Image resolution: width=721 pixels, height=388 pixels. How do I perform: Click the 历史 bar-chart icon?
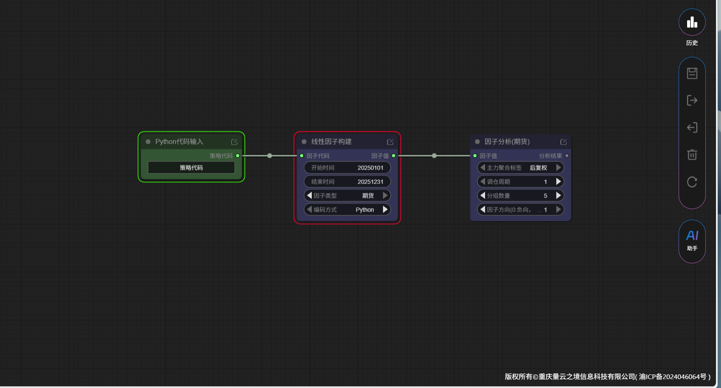point(692,22)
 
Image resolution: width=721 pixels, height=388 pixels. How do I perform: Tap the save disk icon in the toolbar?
point(692,73)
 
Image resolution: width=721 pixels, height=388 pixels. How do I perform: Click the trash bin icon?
point(692,155)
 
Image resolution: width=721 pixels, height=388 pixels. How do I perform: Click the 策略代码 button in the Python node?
point(191,167)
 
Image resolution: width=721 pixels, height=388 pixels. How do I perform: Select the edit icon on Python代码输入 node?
point(234,142)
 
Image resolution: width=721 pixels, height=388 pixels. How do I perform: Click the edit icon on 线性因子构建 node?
point(390,142)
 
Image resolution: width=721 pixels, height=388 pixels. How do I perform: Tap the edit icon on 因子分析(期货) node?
point(563,142)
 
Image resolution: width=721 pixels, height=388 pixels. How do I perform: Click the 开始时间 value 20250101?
point(370,168)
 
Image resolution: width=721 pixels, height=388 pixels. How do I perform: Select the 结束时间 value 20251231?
point(370,182)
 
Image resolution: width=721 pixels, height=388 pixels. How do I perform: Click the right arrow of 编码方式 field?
point(385,209)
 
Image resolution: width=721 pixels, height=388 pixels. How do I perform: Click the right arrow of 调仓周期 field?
point(558,182)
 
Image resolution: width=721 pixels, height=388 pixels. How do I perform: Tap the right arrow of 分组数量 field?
point(558,195)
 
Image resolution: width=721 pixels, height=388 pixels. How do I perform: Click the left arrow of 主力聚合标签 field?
point(483,167)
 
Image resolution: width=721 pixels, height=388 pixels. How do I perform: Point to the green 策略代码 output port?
point(238,156)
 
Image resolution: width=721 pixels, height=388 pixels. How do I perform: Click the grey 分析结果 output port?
point(567,156)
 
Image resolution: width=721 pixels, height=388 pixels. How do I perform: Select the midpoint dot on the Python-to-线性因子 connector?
point(270,156)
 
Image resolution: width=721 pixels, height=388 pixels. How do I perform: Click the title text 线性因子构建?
point(331,142)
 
